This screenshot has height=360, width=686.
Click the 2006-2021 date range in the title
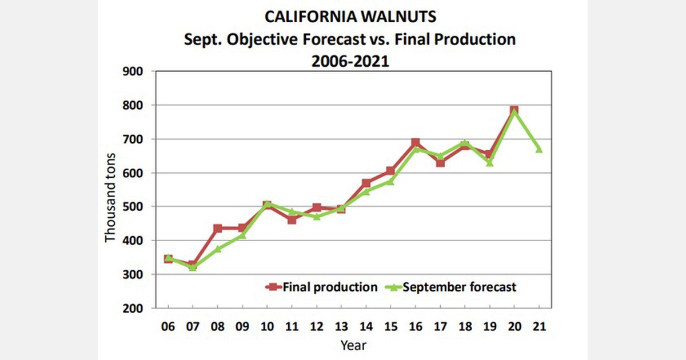click(x=350, y=61)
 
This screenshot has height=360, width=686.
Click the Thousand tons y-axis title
click(x=110, y=198)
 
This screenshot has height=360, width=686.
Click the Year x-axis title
click(x=353, y=345)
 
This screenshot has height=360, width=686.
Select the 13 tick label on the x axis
click(x=341, y=327)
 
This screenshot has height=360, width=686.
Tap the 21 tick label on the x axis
click(x=538, y=327)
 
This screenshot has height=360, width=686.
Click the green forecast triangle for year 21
click(x=538, y=149)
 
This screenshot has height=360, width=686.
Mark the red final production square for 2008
click(x=218, y=229)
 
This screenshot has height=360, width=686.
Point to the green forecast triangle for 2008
click(x=218, y=249)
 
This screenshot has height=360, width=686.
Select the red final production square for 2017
click(x=440, y=163)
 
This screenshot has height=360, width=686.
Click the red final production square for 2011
click(x=292, y=219)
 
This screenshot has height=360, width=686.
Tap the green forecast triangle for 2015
click(x=390, y=181)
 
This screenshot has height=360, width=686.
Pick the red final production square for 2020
click(x=514, y=110)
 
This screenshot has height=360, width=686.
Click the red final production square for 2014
click(x=366, y=183)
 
